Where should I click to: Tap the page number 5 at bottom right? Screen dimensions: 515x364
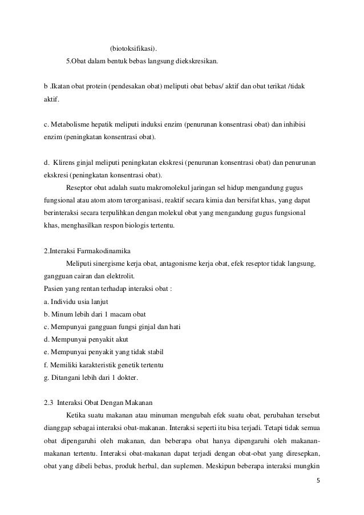pos(318,481)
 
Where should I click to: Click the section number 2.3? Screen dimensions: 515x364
pos(49,402)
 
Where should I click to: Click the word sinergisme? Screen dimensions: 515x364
pos(117,263)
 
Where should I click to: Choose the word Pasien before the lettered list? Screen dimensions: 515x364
pos(55,288)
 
